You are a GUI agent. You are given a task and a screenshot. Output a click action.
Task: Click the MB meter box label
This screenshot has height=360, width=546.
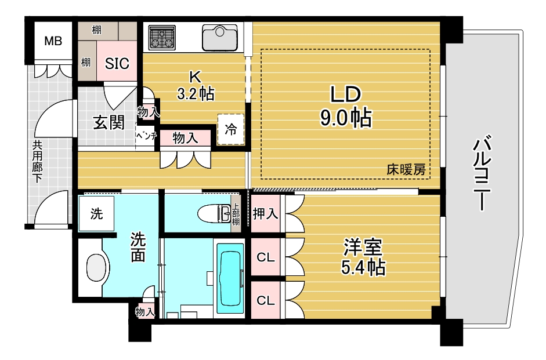pos(53,41)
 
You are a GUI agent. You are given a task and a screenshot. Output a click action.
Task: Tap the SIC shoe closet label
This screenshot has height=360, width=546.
pos(117,63)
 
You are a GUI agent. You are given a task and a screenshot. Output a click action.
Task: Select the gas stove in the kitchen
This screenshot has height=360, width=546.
pos(162,37)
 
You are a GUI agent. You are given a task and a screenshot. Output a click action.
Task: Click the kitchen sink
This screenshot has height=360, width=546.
pos(220,37)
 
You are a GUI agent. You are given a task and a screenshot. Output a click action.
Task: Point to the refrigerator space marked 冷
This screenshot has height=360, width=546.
pos(231,129)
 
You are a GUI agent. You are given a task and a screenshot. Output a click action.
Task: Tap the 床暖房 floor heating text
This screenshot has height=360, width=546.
pos(406,170)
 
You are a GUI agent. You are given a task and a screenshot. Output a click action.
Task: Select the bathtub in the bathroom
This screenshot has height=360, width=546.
pos(230,278)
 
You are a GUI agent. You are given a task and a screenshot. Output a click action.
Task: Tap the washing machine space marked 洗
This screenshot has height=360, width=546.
pos(96,213)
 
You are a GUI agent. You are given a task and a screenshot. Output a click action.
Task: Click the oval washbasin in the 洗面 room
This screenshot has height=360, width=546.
pos(97,268)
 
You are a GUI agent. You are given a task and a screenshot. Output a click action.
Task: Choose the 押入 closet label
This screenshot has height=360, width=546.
pos(265,213)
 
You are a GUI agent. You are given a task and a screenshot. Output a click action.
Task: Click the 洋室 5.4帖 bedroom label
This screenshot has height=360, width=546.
pos(363,257)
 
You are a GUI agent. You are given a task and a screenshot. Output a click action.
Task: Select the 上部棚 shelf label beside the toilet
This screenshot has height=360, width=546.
pos(236,213)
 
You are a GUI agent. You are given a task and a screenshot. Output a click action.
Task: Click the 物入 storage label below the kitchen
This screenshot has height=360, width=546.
pos(186,138)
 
